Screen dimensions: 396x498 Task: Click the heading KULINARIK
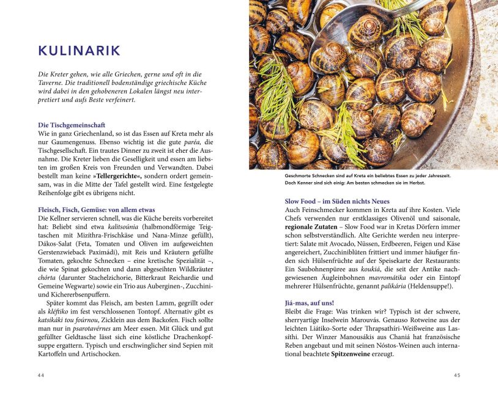[79, 51]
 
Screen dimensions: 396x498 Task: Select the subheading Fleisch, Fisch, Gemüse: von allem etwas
[96, 210]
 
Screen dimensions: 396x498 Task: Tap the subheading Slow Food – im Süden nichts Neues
[337, 201]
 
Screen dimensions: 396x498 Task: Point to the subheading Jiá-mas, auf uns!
[310, 302]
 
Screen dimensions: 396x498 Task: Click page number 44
[41, 375]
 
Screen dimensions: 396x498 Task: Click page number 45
[456, 375]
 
